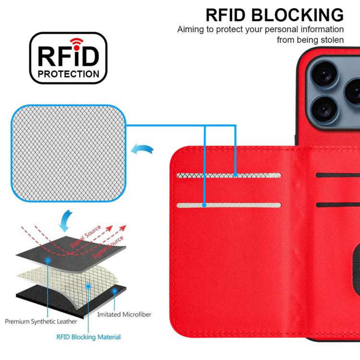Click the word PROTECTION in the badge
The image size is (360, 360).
[69, 74]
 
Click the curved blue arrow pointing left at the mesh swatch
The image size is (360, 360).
[144, 150]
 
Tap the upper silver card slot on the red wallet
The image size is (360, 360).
[228, 176]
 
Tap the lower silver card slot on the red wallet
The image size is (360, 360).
[228, 205]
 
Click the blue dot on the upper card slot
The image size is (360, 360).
[235, 176]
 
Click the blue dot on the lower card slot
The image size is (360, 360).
[204, 205]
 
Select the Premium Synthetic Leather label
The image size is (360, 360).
[40, 321]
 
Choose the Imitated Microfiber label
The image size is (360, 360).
[124, 314]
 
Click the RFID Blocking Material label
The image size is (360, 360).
[88, 337]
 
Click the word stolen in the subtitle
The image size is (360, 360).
[331, 40]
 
